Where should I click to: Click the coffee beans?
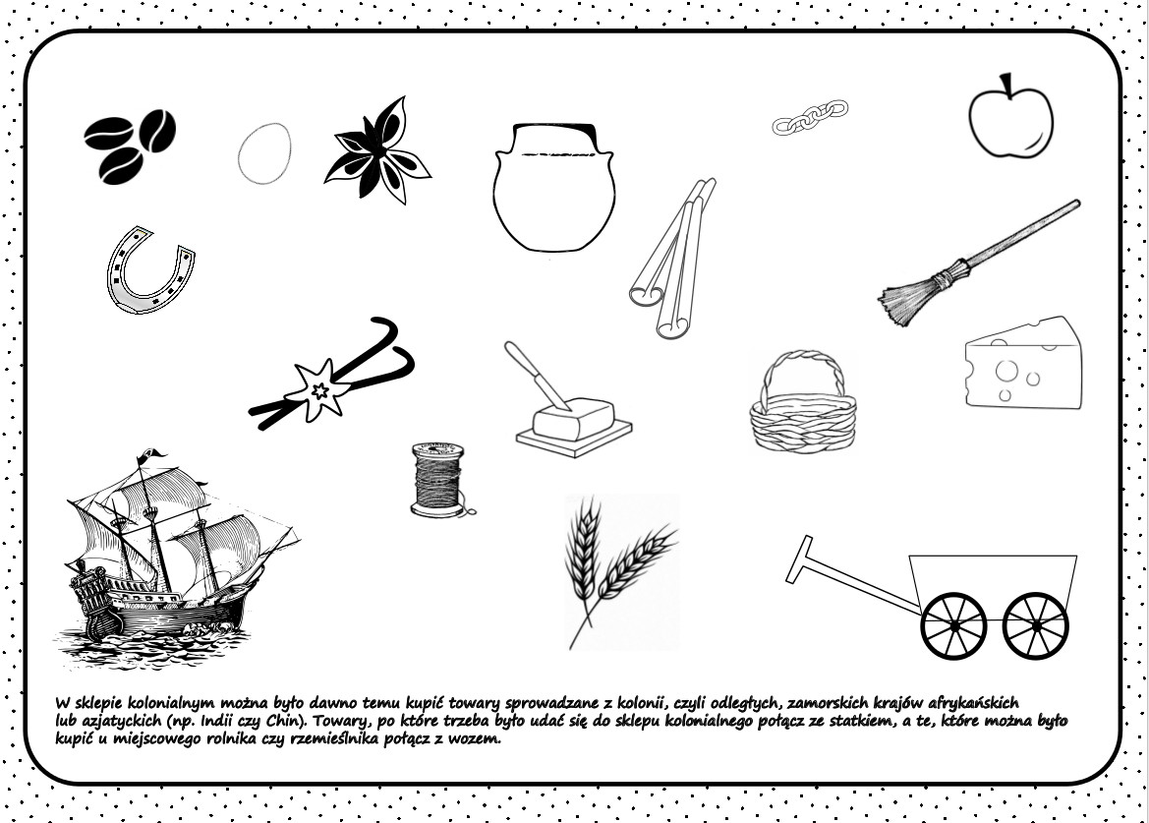click(131, 147)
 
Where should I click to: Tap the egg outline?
click(264, 154)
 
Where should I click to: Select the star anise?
click(378, 151)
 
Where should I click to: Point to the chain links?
click(810, 117)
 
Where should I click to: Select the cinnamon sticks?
click(672, 258)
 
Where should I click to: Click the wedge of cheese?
click(1023, 364)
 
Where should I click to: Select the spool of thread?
click(439, 480)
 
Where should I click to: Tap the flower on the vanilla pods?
click(318, 388)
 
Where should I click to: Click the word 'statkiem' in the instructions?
click(906, 721)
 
